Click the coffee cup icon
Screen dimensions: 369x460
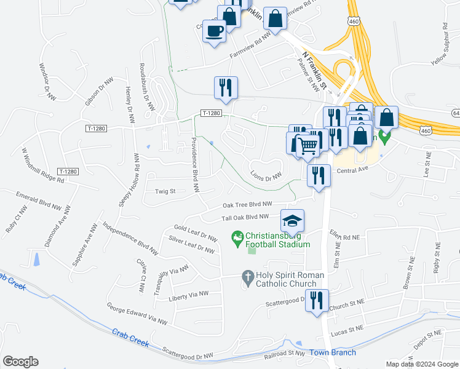[215, 31]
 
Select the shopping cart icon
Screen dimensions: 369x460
[307, 146]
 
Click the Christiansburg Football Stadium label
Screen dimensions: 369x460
[277, 240]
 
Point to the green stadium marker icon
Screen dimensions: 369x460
[237, 236]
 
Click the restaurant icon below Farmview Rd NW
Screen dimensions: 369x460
[226, 89]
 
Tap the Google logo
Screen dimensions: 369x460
[20, 362]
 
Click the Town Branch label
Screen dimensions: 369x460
[332, 352]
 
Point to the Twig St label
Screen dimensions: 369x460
[165, 191]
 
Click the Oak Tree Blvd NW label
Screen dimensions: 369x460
[247, 205]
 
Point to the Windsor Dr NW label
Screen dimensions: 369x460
[47, 81]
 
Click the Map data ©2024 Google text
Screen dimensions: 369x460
[421, 364]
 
